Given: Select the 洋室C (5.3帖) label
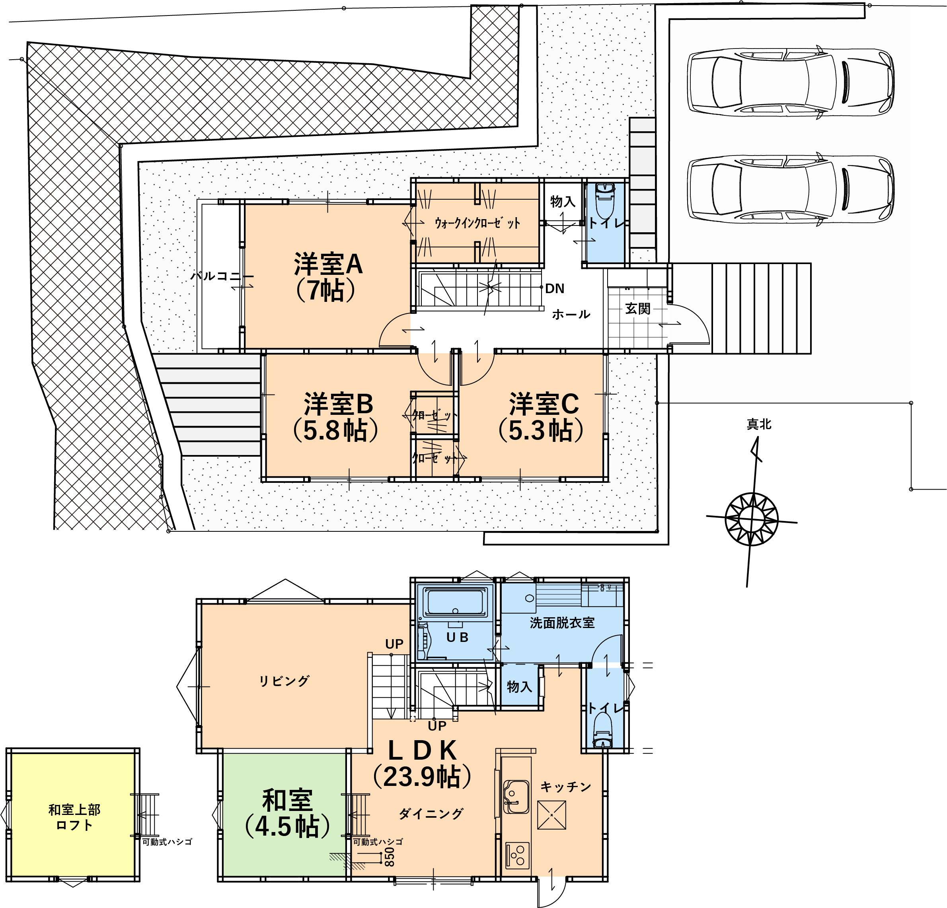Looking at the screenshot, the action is (x=542, y=417).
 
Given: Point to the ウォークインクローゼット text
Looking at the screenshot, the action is (x=477, y=223).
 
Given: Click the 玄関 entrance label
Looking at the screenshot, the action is (x=638, y=308).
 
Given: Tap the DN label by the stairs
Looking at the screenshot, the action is (x=555, y=289).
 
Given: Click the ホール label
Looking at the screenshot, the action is (x=571, y=315).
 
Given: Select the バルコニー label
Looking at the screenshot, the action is (x=222, y=276).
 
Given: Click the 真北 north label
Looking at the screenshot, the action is (x=759, y=424).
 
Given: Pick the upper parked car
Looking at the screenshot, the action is (x=791, y=82).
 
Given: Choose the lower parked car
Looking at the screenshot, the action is (x=791, y=189).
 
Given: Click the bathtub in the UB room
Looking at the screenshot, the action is (x=455, y=601).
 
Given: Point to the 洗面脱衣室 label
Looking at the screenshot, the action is (x=562, y=623).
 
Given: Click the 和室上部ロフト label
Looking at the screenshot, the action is (x=74, y=817).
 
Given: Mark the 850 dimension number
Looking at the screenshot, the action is (x=390, y=856).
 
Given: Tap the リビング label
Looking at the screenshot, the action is (x=284, y=681).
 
